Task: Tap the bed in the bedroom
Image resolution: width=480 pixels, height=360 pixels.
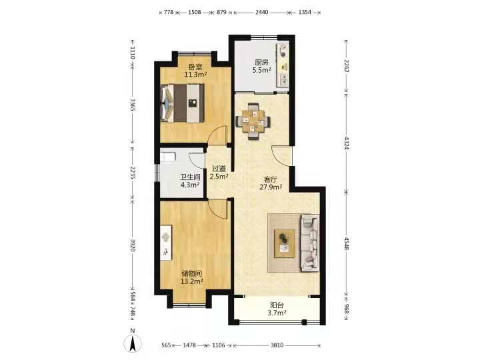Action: click(183, 103)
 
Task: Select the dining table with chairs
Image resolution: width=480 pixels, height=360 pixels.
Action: click(253, 121)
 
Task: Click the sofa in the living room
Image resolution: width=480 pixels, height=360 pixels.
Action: click(310, 243)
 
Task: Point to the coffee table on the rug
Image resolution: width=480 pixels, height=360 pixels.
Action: click(285, 243)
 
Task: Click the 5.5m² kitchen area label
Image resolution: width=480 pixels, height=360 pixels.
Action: click(261, 70)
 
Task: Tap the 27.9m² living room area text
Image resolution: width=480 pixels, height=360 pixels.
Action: click(271, 187)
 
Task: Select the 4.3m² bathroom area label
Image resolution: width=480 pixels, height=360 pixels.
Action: click(190, 185)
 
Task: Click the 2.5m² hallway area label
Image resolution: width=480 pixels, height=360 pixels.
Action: click(219, 177)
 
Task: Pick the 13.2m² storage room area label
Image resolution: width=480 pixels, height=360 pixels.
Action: click(192, 281)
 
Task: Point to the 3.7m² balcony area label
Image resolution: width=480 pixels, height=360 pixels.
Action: click(277, 313)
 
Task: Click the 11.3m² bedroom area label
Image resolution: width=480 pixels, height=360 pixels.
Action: click(195, 74)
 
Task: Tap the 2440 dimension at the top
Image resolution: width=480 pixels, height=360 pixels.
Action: click(262, 12)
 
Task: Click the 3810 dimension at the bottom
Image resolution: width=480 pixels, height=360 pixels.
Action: click(277, 345)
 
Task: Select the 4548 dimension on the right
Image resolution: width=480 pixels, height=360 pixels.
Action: click(347, 243)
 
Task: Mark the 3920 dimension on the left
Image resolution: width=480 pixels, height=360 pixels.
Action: click(133, 245)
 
